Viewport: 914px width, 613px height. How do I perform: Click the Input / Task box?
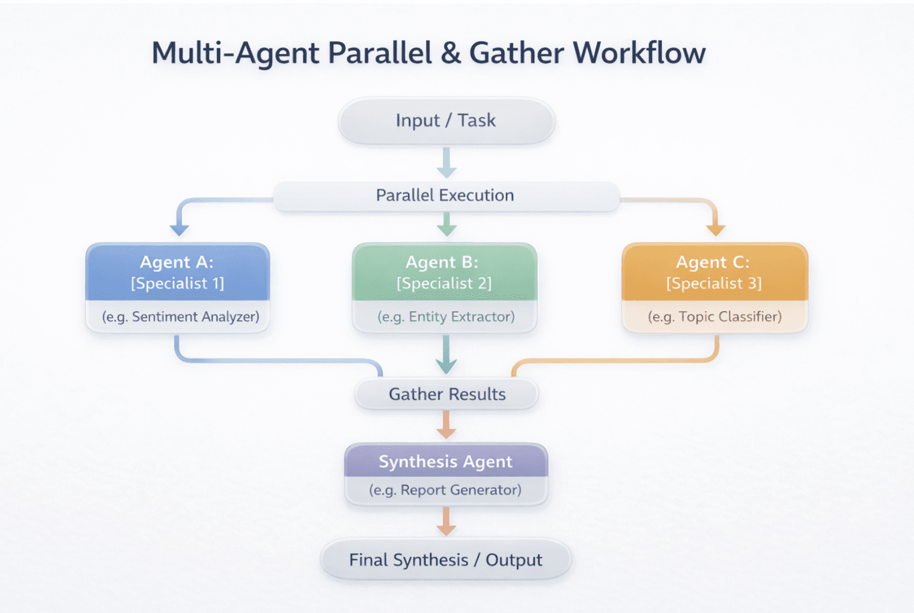(x=446, y=121)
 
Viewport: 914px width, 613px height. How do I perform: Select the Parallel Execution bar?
(x=446, y=196)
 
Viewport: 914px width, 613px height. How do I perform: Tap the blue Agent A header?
(x=177, y=272)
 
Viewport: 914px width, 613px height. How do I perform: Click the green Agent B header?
(x=444, y=272)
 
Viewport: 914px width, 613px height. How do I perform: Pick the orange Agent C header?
(x=714, y=272)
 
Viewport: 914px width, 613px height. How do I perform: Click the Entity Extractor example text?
(x=461, y=317)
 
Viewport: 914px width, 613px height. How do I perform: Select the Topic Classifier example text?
(x=730, y=317)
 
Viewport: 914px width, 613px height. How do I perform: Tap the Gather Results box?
(x=446, y=394)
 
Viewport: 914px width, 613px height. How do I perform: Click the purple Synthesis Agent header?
(x=446, y=461)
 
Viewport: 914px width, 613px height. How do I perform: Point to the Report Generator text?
(x=461, y=490)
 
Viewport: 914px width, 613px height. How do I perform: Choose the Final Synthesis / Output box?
(x=446, y=560)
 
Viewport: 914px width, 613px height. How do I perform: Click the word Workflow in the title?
(x=639, y=53)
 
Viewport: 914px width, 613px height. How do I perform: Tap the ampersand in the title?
(x=451, y=53)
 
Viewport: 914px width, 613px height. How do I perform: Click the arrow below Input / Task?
(x=446, y=162)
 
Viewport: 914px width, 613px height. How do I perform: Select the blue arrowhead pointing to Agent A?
(x=179, y=230)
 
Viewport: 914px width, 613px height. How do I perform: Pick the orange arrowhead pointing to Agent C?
(x=715, y=230)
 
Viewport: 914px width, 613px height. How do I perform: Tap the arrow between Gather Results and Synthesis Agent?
(x=446, y=425)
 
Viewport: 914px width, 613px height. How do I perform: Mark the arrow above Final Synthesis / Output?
(x=446, y=521)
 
